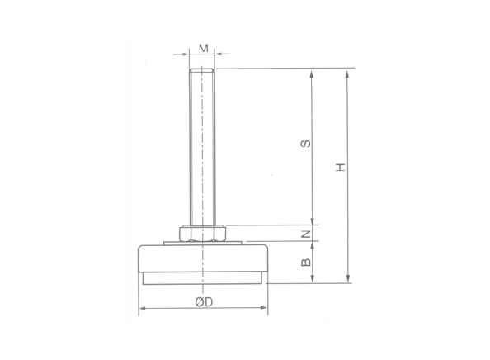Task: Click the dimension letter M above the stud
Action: pos(203,47)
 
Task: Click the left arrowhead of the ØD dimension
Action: pos(141,310)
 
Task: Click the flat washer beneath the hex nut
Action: pos(203,242)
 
